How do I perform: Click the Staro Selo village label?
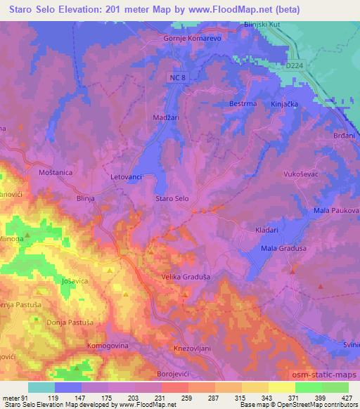172,200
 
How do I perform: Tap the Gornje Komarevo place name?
192,39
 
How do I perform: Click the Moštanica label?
56,171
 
